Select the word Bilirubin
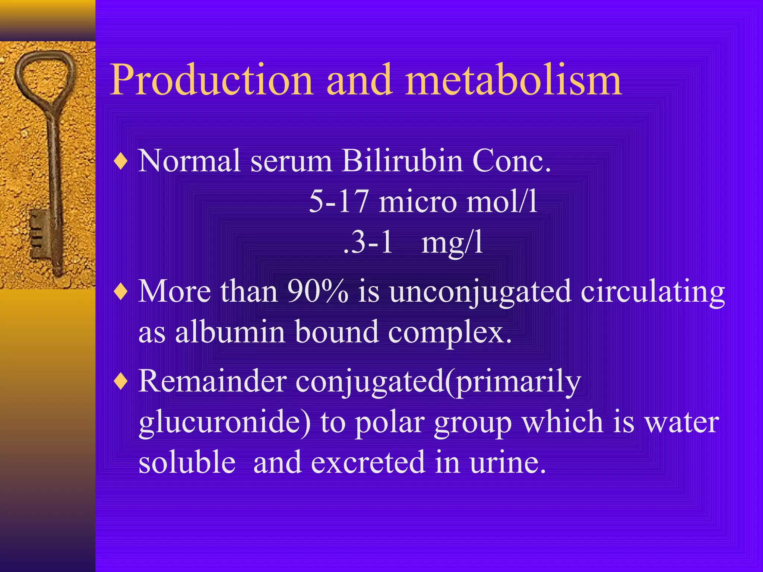402,161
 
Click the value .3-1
368,242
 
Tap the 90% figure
318,292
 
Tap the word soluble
187,463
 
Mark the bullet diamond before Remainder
121,382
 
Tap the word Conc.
512,161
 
